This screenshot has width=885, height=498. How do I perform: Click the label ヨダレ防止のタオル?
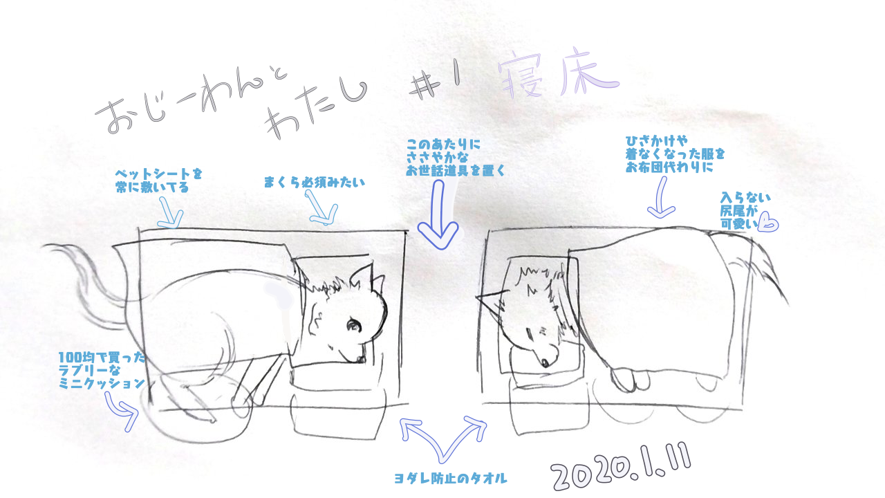(x=451, y=479)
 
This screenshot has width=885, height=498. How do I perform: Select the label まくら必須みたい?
(x=314, y=182)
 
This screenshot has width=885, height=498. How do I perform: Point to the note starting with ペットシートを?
(x=158, y=181)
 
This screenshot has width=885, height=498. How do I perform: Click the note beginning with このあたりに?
(x=455, y=157)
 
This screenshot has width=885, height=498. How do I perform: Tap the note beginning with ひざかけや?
(x=675, y=154)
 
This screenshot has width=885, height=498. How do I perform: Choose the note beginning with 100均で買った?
(x=102, y=370)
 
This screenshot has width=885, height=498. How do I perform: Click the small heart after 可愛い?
(x=769, y=224)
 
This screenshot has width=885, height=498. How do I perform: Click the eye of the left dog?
(x=353, y=325)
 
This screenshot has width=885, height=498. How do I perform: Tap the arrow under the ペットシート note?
(x=171, y=214)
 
